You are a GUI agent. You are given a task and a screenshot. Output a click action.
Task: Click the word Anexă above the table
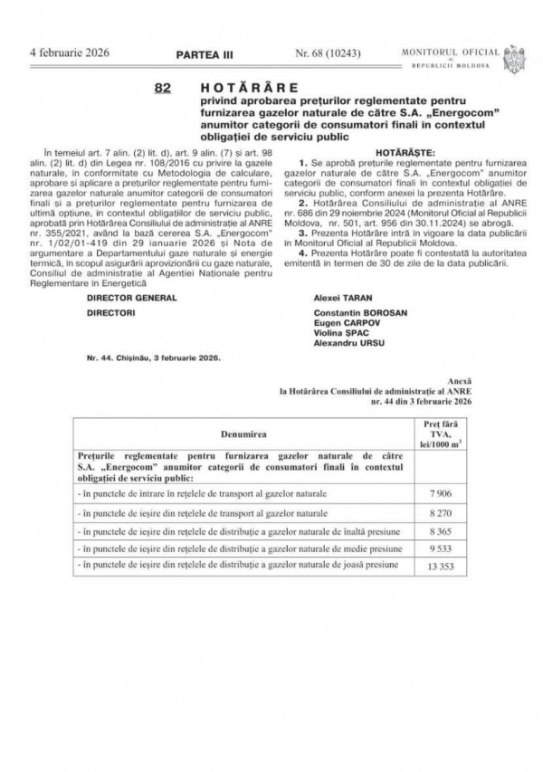[x=461, y=381]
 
